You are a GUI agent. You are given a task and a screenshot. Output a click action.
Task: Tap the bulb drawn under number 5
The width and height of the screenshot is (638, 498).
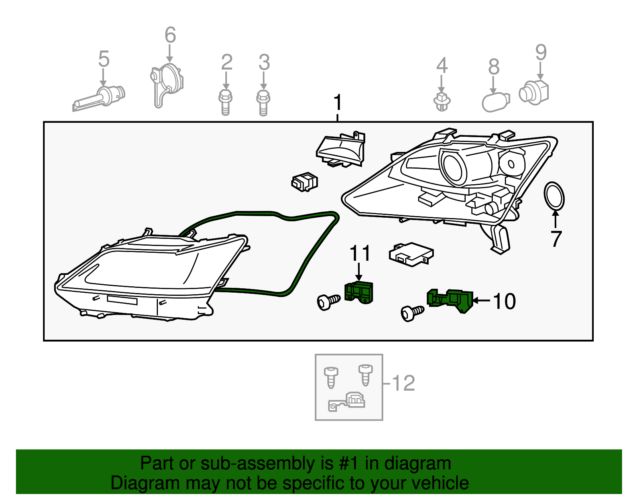coord(100,98)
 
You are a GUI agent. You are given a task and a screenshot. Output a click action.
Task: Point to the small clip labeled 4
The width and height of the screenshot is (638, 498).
coord(441,102)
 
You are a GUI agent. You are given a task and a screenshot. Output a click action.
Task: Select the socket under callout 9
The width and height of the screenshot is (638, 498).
coord(534,93)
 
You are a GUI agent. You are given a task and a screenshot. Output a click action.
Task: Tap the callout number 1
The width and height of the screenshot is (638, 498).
coord(338,102)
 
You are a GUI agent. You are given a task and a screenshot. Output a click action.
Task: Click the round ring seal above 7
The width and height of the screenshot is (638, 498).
coord(554,196)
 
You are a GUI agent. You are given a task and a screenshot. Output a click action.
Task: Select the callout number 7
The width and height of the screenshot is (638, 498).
coord(556,239)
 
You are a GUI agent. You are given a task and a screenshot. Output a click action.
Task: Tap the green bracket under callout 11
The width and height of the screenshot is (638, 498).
coord(359,292)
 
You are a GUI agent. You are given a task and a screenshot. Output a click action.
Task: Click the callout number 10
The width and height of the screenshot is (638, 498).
coord(504,301)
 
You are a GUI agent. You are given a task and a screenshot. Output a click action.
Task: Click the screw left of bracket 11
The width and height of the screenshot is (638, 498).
coord(328,301)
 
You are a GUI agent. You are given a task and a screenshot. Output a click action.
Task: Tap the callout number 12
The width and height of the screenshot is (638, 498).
coord(404,383)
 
